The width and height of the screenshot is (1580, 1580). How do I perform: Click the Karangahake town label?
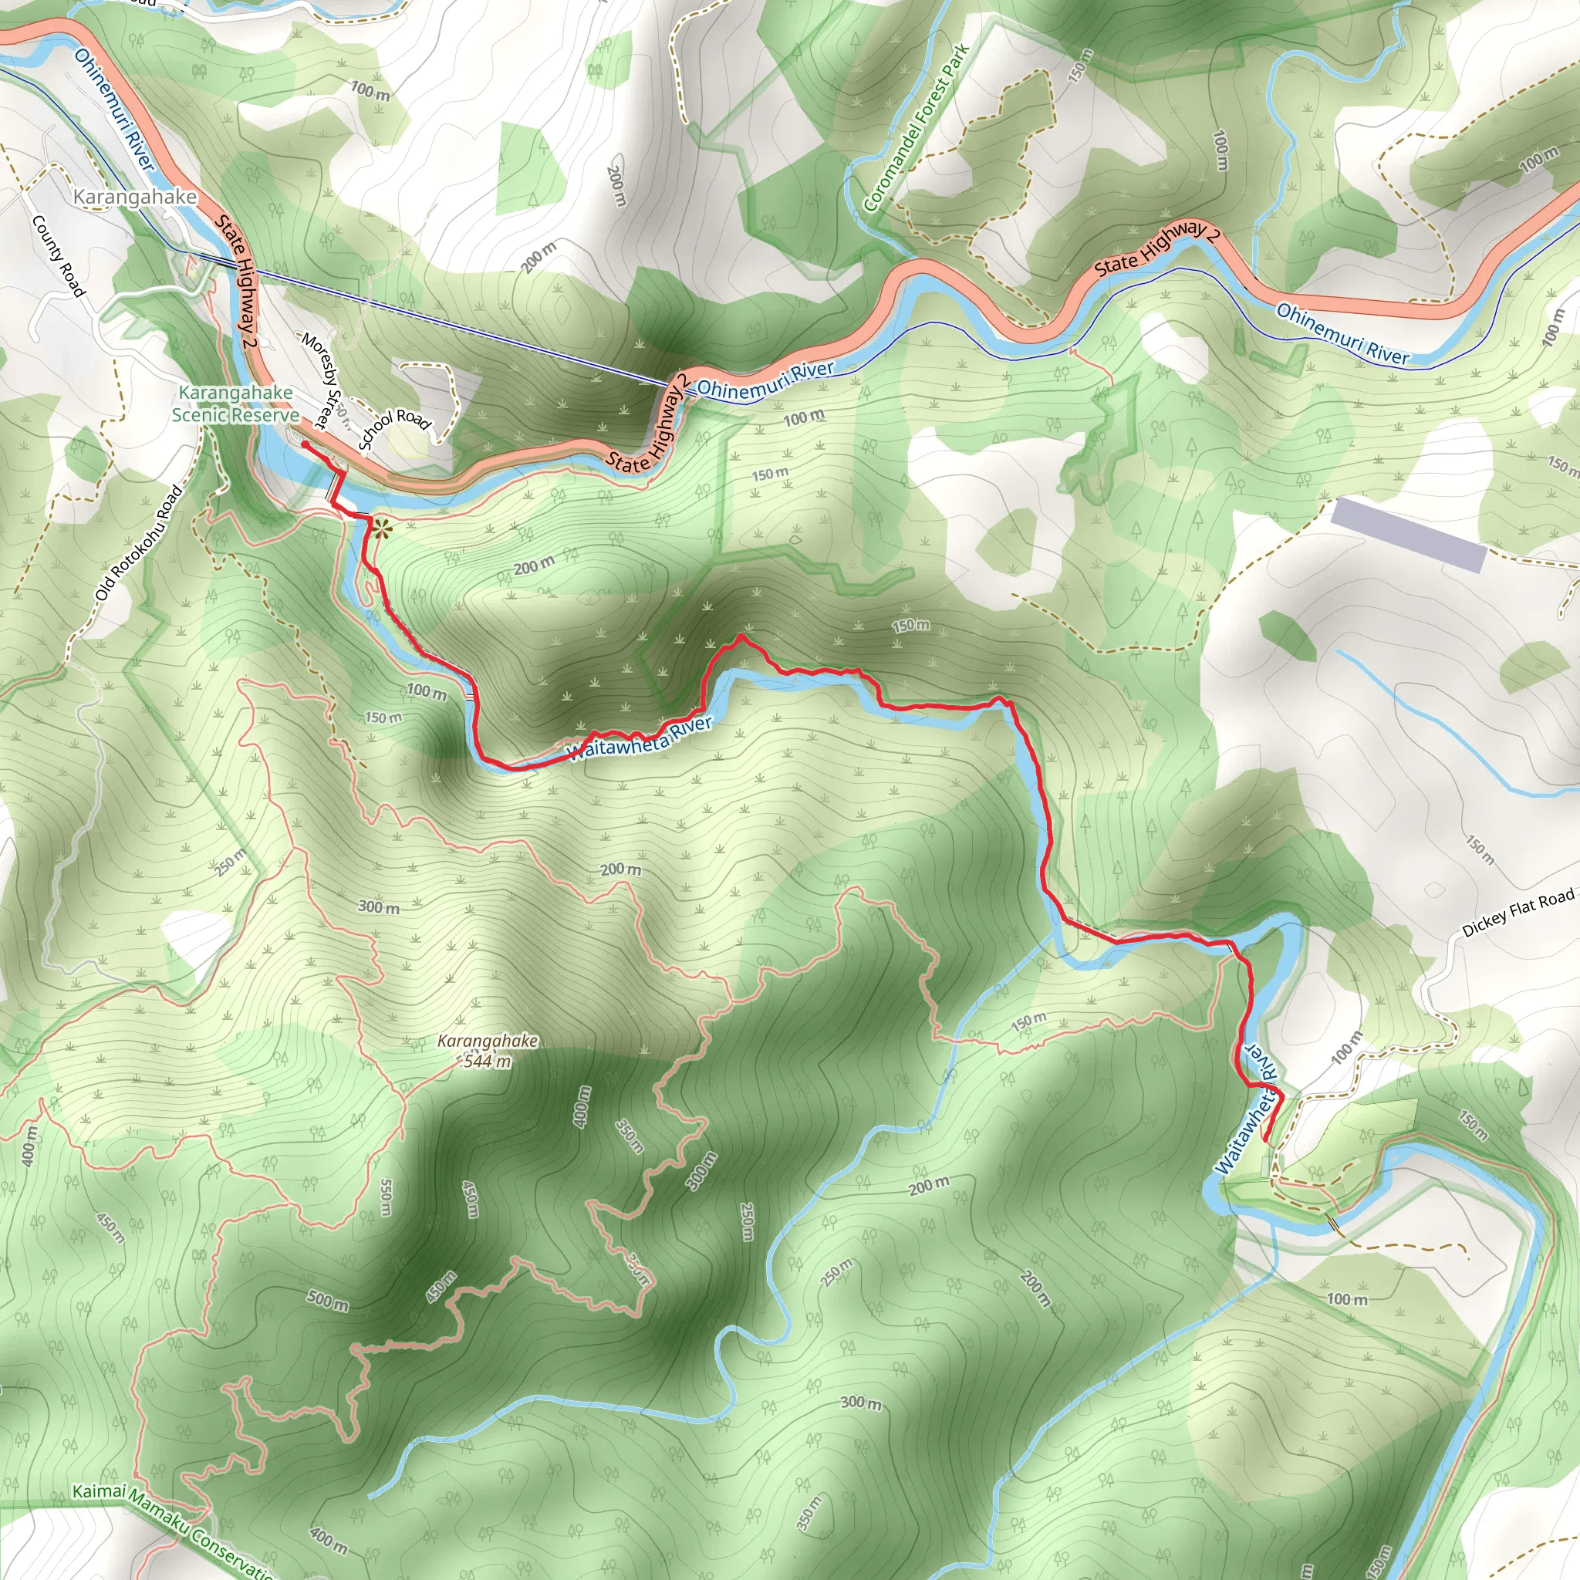tap(135, 197)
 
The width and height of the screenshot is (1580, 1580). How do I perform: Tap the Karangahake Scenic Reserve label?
tap(235, 404)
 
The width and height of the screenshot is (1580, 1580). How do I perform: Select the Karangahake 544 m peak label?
tap(488, 1051)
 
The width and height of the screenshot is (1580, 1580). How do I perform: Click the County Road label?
tap(58, 256)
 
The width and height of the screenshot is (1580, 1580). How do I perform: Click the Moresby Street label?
tap(319, 380)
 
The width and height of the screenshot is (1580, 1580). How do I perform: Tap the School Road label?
tap(394, 428)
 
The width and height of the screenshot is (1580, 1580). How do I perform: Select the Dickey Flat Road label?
tap(1517, 913)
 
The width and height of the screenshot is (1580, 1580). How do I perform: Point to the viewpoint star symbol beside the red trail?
tap(380, 528)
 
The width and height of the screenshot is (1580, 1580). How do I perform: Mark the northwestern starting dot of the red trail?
tap(305, 444)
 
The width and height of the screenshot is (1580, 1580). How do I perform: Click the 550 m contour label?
tap(386, 1197)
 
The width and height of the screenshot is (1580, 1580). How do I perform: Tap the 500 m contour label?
tap(328, 1300)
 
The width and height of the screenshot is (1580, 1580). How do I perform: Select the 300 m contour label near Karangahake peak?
tap(379, 907)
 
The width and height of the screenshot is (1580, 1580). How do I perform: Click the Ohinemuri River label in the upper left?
tap(114, 109)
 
